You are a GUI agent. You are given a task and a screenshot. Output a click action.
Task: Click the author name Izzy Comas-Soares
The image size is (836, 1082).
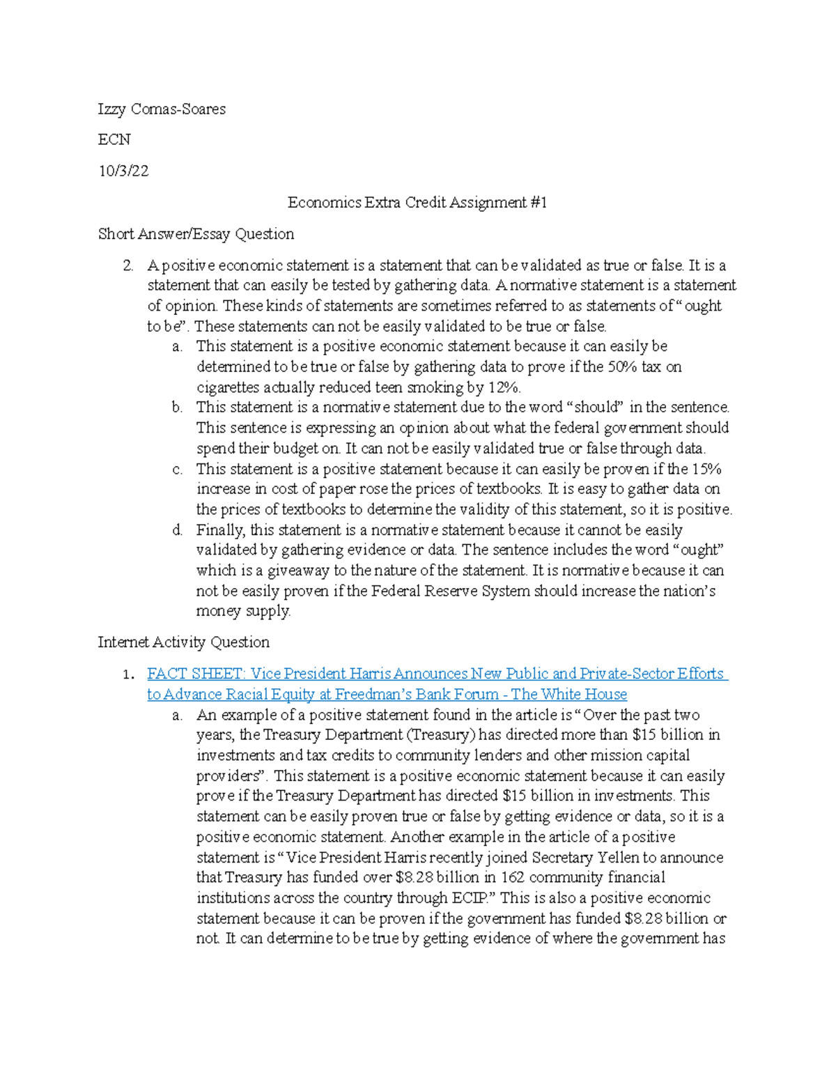[x=162, y=109]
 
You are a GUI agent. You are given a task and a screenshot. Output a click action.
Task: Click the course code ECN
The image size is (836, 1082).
[x=114, y=140]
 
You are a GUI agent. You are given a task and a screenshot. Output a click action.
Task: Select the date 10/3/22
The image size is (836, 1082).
[x=123, y=171]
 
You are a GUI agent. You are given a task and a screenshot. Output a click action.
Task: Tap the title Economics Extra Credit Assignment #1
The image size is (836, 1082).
[x=417, y=203]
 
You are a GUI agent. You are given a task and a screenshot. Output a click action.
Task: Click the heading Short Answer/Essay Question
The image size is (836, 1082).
[x=196, y=234]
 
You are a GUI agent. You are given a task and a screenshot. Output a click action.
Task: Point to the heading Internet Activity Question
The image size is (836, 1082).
[x=183, y=642]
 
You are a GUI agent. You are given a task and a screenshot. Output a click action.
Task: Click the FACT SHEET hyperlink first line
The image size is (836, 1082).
[x=437, y=674]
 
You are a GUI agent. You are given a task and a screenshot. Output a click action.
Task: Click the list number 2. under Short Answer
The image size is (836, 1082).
[x=127, y=265]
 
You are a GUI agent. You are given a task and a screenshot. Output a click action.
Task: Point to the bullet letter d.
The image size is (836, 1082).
[x=178, y=530]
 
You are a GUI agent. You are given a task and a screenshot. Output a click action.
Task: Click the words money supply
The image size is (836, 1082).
[x=243, y=612]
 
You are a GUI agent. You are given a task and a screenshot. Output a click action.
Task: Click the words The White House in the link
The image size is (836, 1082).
[x=569, y=695]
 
